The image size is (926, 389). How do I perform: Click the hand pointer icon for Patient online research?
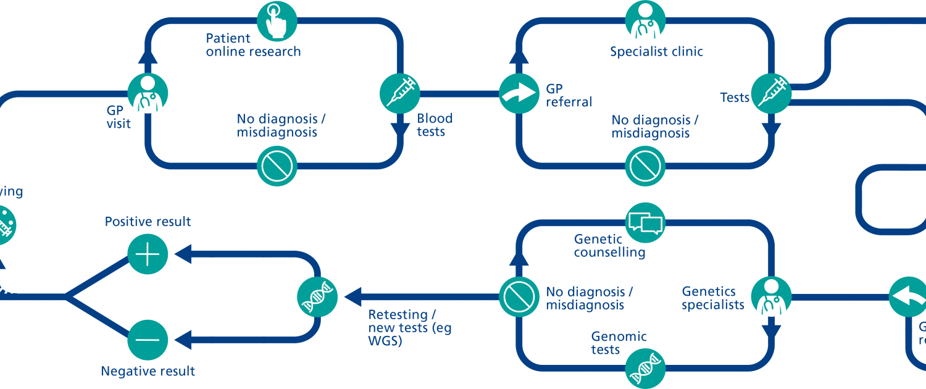(x=277, y=20)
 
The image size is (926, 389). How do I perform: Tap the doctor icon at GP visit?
(x=148, y=94)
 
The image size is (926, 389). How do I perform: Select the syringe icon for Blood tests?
(x=399, y=94)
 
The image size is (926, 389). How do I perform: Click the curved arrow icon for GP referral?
(x=519, y=94)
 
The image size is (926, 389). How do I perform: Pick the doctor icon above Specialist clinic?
(x=646, y=20)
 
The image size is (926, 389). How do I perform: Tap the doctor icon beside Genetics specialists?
(x=771, y=297)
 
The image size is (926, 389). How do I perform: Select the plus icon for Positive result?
(x=148, y=254)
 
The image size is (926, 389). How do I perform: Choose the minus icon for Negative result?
(x=148, y=339)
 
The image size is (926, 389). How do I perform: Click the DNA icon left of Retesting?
(x=318, y=297)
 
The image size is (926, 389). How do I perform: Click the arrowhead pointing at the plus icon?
(x=183, y=253)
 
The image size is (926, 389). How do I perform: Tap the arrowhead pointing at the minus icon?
(x=183, y=339)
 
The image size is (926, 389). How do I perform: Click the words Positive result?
(x=148, y=222)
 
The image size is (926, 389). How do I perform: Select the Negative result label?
(x=148, y=371)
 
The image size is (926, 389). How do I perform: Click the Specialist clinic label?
(x=656, y=52)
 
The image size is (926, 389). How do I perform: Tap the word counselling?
(x=609, y=253)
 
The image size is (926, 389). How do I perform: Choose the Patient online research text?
(x=253, y=45)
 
